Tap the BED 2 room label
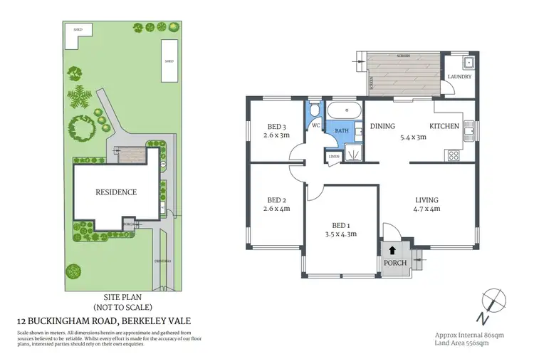click(276, 199)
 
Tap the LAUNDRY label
click(459, 76)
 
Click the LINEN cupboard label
click(333, 157)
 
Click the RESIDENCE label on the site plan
click(116, 192)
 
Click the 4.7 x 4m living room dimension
click(427, 209)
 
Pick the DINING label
click(382, 127)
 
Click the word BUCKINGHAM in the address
click(73, 322)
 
